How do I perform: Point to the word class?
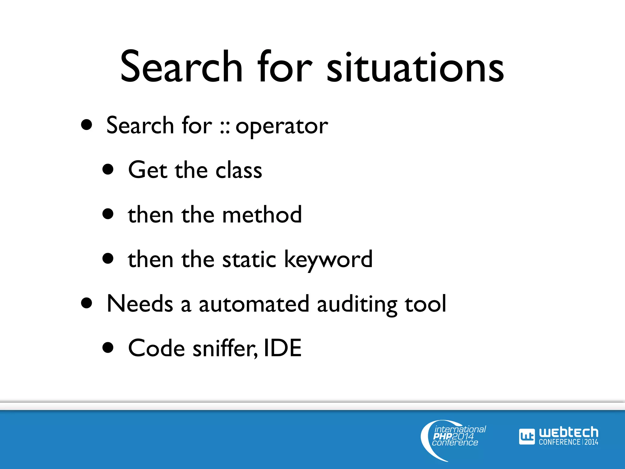click(239, 170)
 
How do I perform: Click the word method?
click(262, 215)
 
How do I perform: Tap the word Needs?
click(140, 304)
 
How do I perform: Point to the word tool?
click(425, 304)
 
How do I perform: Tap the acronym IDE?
click(283, 348)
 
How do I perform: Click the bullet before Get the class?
click(108, 169)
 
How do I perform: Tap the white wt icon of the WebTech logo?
click(527, 437)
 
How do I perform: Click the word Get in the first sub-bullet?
click(147, 170)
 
